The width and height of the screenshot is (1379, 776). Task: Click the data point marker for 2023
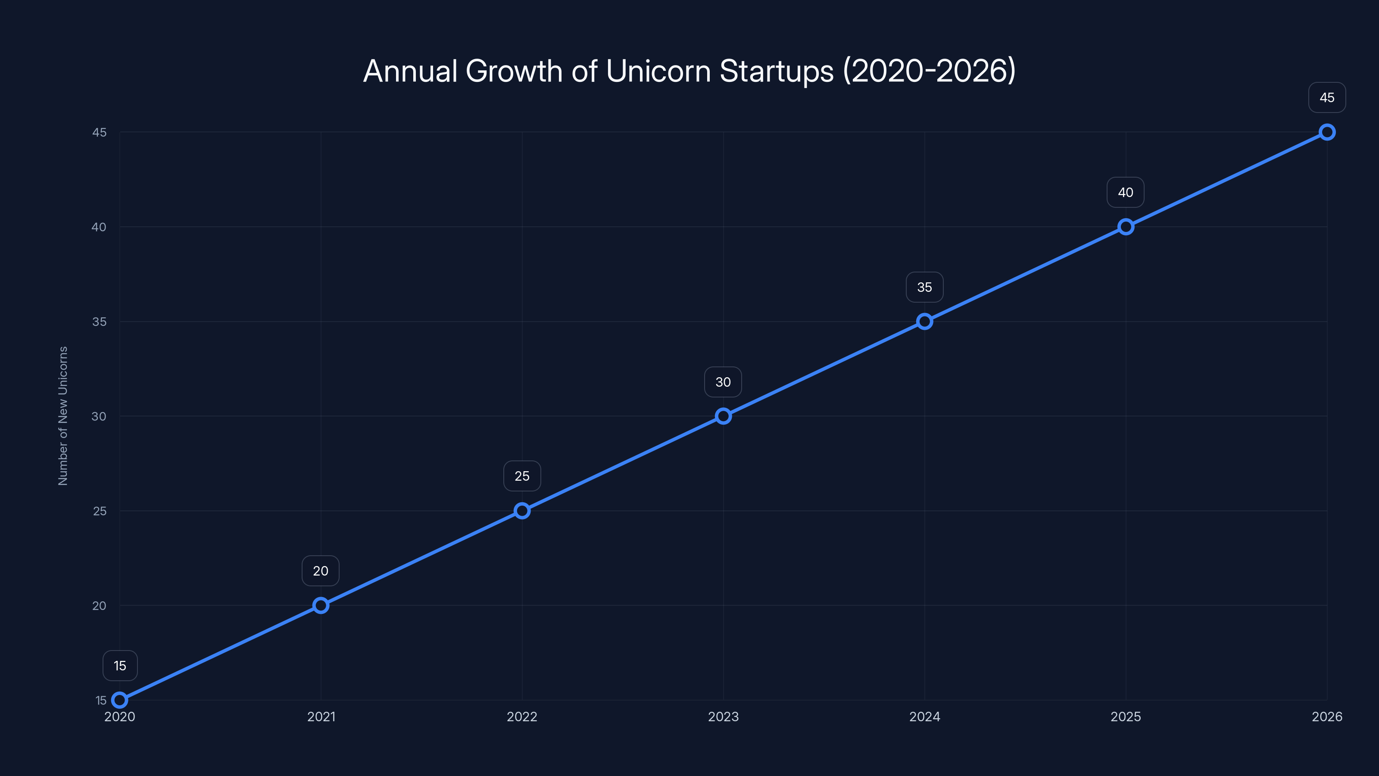(723, 416)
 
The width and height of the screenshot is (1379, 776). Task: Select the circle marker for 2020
(120, 700)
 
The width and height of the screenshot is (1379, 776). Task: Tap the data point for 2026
(1327, 132)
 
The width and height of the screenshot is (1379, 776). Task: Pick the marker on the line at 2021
(321, 605)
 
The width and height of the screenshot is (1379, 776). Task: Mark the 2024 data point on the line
(924, 321)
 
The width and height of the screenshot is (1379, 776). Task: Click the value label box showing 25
(522, 476)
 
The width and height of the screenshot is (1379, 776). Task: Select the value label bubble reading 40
(1125, 192)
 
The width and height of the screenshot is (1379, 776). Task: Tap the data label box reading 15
(120, 666)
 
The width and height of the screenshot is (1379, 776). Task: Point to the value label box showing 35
(924, 287)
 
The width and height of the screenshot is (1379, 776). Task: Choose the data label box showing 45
(1327, 97)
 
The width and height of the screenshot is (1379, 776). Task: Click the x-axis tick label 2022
(522, 717)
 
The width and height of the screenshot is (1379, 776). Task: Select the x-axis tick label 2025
(1125, 717)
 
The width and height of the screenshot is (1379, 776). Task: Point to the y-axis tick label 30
(99, 416)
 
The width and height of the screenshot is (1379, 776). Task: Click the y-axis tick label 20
(99, 606)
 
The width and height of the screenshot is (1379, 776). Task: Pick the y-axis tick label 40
(99, 227)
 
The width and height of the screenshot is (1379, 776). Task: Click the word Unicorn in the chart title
(658, 71)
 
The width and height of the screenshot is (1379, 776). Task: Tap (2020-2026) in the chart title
(930, 71)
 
